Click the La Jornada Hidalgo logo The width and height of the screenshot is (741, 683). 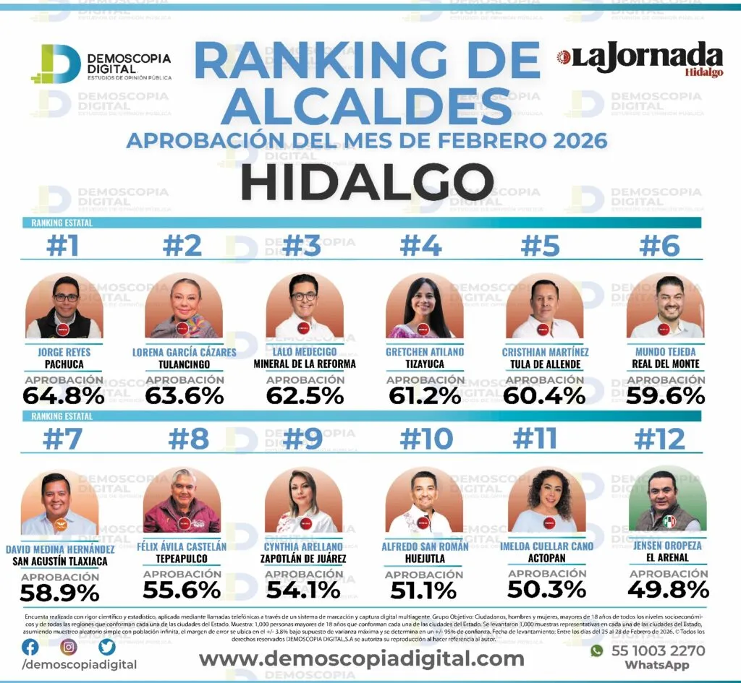640,59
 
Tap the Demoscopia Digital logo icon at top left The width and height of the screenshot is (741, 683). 56,64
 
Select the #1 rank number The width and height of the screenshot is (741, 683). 63,246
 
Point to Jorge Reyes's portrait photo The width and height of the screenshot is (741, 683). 64,306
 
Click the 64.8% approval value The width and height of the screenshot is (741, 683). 64,396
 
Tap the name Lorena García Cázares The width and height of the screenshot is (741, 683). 184,352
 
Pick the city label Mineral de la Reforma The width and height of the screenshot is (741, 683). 305,364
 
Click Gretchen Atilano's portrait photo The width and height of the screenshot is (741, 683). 425,306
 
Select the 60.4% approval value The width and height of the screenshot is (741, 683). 545,396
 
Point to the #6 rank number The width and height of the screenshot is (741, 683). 661,246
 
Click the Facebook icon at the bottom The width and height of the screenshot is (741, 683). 30,647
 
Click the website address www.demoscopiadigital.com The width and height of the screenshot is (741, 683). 361,659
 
